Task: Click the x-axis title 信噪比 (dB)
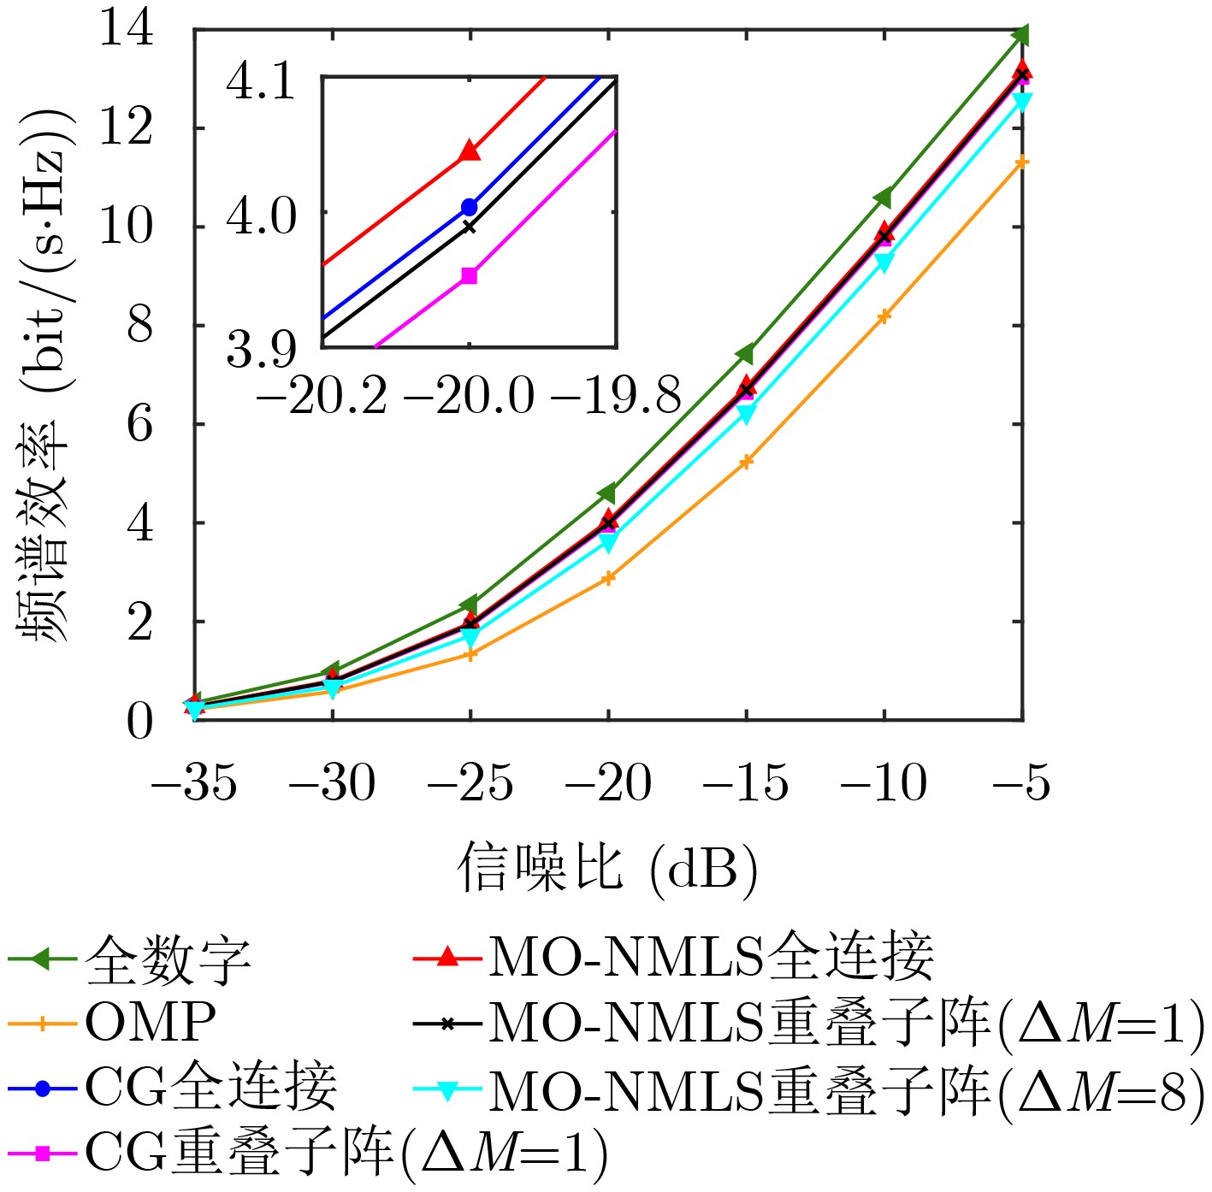[608, 868]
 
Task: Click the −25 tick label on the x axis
[470, 782]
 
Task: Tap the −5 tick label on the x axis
[1022, 782]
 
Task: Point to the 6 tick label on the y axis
[139, 423]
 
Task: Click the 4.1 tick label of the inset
[260, 81]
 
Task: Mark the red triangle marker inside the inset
[469, 151]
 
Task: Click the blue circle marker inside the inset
[469, 207]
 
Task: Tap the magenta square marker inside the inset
[469, 275]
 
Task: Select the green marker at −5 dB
[1021, 35]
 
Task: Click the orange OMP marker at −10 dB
[884, 316]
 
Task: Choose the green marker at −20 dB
[608, 493]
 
